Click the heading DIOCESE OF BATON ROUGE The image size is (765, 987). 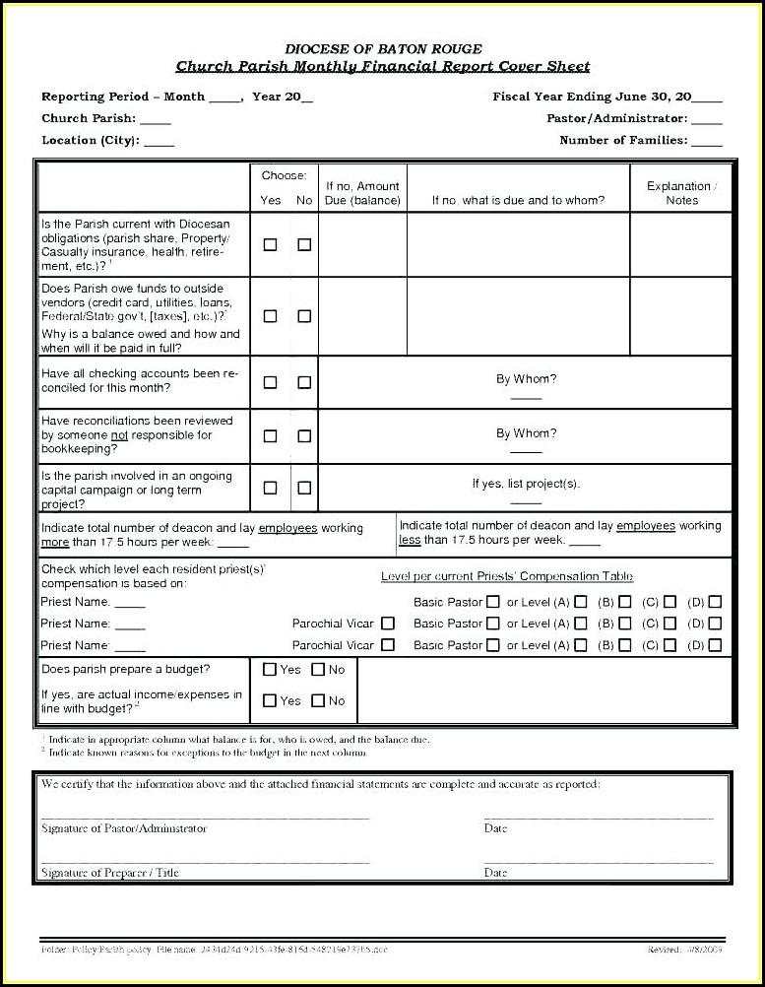(383, 48)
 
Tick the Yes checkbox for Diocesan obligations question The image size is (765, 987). (270, 244)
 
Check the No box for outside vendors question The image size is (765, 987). (304, 316)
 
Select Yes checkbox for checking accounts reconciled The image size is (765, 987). (270, 382)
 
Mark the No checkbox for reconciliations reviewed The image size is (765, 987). (304, 435)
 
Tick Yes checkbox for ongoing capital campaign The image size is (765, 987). (270, 488)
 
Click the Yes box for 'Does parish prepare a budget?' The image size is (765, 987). (270, 670)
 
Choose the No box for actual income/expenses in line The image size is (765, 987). (318, 701)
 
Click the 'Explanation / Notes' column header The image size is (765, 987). (681, 193)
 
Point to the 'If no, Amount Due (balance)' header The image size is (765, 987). (362, 193)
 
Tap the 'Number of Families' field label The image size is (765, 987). (623, 140)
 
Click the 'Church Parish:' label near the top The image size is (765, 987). (89, 118)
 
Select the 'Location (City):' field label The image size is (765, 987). (90, 140)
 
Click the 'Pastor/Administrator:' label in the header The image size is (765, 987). (616, 118)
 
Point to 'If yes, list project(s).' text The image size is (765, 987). (526, 484)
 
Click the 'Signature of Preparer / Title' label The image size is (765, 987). (110, 873)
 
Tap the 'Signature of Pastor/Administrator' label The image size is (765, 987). (124, 828)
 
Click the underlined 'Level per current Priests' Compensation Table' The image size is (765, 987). (506, 576)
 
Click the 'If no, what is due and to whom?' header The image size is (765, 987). (518, 200)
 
